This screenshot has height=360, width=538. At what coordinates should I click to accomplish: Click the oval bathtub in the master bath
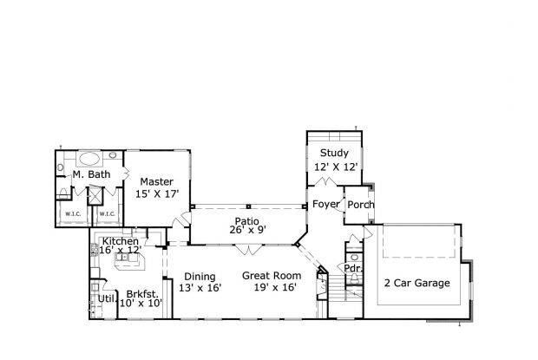click(x=89, y=159)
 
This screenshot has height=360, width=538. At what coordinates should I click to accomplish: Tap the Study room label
click(x=334, y=153)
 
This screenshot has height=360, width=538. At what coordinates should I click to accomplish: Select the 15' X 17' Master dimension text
click(x=157, y=194)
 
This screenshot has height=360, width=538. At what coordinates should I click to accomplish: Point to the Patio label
click(x=246, y=221)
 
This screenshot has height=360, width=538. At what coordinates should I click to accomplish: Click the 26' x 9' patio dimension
click(x=247, y=230)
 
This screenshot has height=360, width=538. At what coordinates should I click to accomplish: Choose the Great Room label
click(x=272, y=275)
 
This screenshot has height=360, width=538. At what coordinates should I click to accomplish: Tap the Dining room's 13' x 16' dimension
click(x=200, y=288)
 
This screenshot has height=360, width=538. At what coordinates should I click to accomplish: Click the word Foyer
click(x=326, y=204)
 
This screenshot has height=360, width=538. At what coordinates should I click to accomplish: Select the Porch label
click(x=361, y=205)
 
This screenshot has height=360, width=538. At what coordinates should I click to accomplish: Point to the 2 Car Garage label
click(x=417, y=283)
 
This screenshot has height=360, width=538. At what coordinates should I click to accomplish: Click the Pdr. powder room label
click(x=352, y=268)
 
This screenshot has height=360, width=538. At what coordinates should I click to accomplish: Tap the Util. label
click(x=108, y=299)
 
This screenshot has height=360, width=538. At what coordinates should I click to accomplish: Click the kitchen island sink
click(x=121, y=257)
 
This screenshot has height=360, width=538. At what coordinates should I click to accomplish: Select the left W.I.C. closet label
click(x=73, y=214)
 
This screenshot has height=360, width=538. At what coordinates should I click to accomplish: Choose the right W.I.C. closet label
click(x=107, y=214)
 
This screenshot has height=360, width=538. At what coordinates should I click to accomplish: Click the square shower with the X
click(x=95, y=195)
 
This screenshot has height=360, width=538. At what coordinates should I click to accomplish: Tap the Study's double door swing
click(x=325, y=181)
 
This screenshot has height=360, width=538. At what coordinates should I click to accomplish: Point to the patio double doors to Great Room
click(x=248, y=250)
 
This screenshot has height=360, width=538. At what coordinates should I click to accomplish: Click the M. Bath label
click(x=92, y=174)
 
